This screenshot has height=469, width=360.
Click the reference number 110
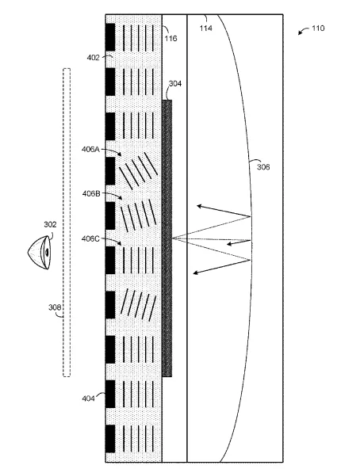pyautogui.click(x=318, y=28)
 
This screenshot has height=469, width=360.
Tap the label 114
pyautogui.click(x=206, y=28)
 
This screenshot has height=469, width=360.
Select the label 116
pyautogui.click(x=170, y=38)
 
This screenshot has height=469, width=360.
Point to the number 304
pyautogui.click(x=175, y=83)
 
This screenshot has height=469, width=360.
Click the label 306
pyautogui.click(x=263, y=167)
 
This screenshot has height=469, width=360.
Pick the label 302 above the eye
pyautogui.click(x=50, y=224)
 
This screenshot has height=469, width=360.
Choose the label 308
pyautogui.click(x=55, y=307)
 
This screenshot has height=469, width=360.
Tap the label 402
pyautogui.click(x=93, y=57)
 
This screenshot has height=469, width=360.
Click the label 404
pyautogui.click(x=88, y=398)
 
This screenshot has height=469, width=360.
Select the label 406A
pyautogui.click(x=90, y=149)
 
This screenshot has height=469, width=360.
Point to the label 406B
pyautogui.click(x=91, y=194)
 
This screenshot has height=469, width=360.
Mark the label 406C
pyautogui.click(x=90, y=238)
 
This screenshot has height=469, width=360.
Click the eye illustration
pyautogui.click(x=39, y=253)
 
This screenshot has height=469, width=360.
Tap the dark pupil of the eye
pyautogui.click(x=47, y=253)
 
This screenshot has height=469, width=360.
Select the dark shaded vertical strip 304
pyautogui.click(x=167, y=238)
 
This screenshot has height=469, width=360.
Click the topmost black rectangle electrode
pyautogui.click(x=110, y=37)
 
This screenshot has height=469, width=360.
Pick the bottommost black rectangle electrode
pyautogui.click(x=110, y=438)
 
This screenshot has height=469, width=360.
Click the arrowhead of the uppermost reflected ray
pyautogui.click(x=199, y=206)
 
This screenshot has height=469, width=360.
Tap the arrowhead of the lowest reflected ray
pyautogui.click(x=195, y=273)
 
